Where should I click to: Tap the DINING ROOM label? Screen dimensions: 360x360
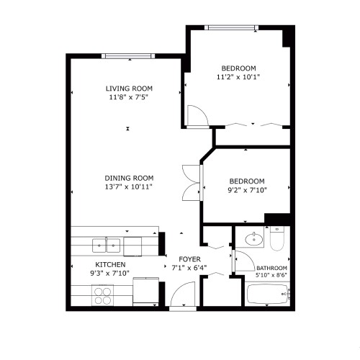[x=130, y=178]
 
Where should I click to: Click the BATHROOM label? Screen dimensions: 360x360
[x=271, y=268]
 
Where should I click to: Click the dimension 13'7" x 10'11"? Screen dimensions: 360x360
[x=130, y=186]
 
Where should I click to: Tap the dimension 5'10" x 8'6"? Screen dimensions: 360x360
[x=271, y=275]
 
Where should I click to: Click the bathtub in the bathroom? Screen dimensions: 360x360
[x=267, y=295]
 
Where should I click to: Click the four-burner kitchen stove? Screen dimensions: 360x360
[x=103, y=294]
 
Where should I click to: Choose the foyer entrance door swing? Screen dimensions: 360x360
[x=183, y=295]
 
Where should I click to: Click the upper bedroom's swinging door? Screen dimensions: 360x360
[x=194, y=115]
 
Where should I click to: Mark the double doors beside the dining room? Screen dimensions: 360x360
[x=190, y=183]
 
